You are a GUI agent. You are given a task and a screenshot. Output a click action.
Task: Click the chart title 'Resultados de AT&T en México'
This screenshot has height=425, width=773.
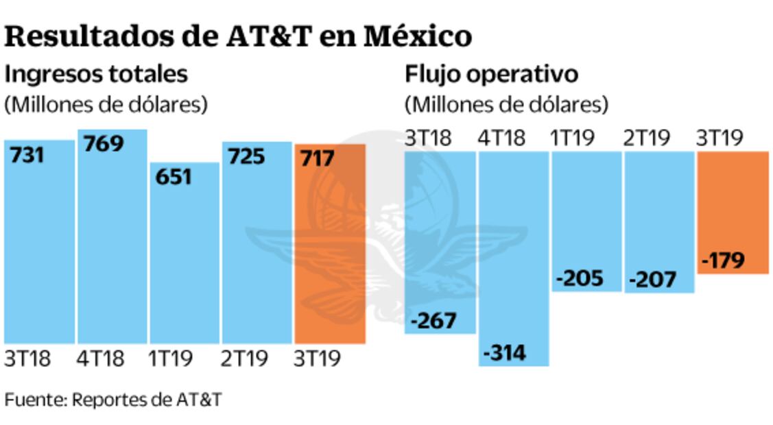tap(238, 37)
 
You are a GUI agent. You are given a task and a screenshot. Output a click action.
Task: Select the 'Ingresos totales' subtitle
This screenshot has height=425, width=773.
tap(96, 73)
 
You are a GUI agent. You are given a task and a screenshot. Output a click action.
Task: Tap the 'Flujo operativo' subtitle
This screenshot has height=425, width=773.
tap(491, 73)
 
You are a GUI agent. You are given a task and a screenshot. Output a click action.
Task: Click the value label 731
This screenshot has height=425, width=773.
tap(27, 156)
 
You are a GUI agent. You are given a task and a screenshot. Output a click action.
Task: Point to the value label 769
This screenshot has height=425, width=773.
tap(103, 144)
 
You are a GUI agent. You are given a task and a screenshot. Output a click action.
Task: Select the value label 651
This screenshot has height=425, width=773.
tap(173, 177)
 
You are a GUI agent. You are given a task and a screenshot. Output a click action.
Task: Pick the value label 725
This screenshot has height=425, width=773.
tap(244, 157)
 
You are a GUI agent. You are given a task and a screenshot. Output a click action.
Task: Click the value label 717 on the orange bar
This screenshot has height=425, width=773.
tap(317, 159)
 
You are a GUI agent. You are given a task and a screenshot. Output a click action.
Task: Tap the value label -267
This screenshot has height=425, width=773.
tap(433, 320)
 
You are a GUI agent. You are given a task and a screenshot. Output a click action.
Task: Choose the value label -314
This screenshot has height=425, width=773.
tap(505, 353)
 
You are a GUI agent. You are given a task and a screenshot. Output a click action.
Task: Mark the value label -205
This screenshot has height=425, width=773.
tap(580, 278)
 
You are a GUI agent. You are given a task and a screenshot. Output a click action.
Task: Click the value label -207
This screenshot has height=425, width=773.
tap(652, 280)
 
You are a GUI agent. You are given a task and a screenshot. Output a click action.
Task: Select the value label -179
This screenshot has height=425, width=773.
tap(724, 261)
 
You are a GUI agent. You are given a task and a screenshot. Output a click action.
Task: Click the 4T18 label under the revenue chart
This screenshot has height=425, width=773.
tap(100, 359)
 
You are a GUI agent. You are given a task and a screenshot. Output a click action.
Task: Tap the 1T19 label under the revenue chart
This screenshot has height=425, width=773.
tap(172, 359)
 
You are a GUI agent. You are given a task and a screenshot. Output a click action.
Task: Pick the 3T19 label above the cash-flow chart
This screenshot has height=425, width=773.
tap(720, 138)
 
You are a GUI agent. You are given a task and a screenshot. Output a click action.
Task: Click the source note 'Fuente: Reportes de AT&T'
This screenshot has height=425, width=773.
tap(113, 400)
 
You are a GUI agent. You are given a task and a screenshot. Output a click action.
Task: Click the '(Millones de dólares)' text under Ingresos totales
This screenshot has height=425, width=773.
tap(106, 105)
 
